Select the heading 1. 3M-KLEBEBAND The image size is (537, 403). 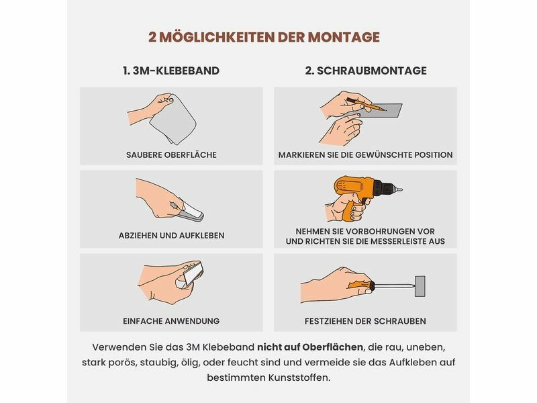(x=171, y=71)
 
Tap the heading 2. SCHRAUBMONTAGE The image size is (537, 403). (x=366, y=71)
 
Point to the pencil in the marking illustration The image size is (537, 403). (x=367, y=104)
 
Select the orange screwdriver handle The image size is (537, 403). (x=361, y=285)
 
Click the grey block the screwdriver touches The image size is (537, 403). (x=420, y=286)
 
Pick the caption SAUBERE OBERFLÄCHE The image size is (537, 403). (x=171, y=155)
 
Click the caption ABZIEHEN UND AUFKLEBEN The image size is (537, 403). (x=171, y=236)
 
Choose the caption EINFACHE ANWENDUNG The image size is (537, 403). (x=171, y=321)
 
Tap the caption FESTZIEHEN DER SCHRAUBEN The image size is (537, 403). (x=365, y=321)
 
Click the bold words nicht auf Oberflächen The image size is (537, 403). (x=310, y=347)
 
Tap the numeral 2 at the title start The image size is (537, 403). (x=153, y=37)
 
